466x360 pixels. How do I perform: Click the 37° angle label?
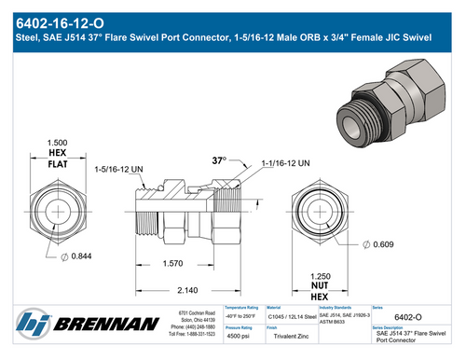[220, 160]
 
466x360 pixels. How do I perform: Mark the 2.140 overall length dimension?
[189, 290]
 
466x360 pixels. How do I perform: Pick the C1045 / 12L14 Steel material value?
[291, 318]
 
